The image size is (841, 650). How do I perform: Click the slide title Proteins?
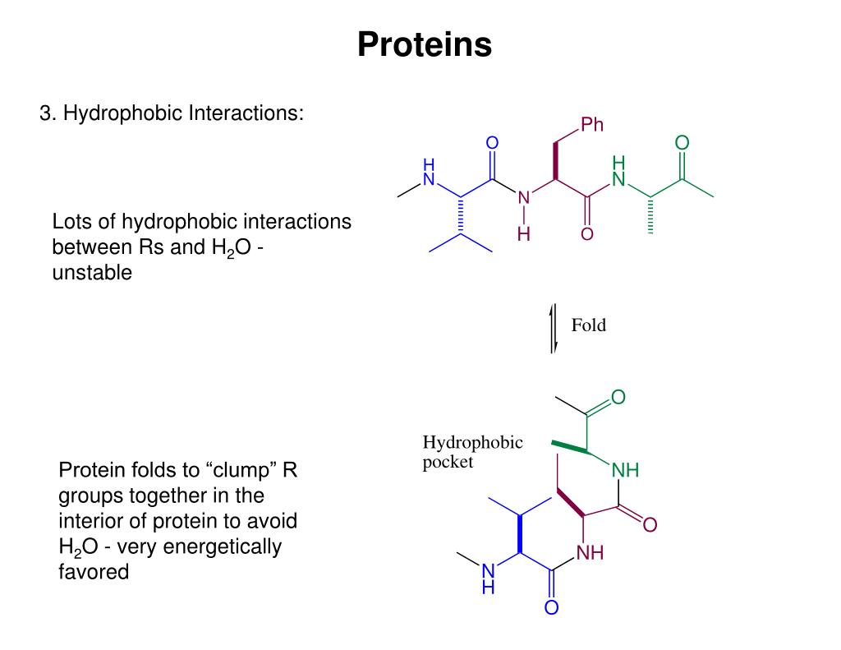coord(425,44)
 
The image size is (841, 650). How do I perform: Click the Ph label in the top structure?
coord(592,125)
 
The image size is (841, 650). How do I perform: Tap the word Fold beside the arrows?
coord(589,325)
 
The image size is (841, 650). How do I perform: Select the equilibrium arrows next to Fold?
coord(554,328)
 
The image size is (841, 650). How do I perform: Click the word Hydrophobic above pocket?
coord(472,443)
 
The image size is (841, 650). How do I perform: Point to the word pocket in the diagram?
coord(448,463)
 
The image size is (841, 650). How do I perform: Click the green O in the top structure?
coord(682,144)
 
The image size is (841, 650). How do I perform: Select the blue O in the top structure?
coord(493,144)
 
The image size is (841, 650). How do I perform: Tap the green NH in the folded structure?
coord(625,471)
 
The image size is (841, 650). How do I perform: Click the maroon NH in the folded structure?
coord(590,553)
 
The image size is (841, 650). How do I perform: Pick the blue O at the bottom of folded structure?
coord(551,609)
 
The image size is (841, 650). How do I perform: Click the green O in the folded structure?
coord(618,398)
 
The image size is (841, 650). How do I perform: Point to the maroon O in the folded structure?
coord(650,525)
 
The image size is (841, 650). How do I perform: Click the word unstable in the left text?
coord(92,274)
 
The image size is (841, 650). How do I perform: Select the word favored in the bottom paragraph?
coord(94,572)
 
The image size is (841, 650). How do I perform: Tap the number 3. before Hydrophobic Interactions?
coord(48,113)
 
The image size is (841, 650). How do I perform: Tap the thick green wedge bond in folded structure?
coord(571,446)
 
